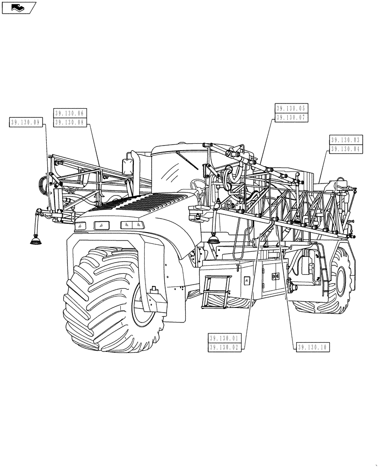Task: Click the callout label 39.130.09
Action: (x=26, y=123)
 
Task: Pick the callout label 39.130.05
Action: (x=291, y=109)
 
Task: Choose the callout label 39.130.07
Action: (x=291, y=118)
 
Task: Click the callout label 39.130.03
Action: (x=345, y=140)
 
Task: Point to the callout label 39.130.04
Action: (x=345, y=149)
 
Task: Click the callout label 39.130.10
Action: (x=313, y=347)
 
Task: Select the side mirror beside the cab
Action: (x=127, y=167)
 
